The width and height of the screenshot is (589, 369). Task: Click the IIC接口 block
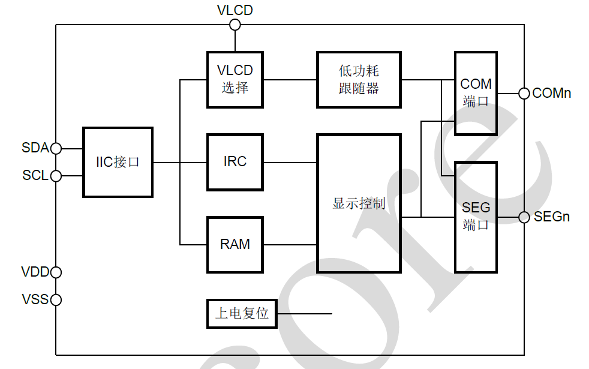pyautogui.click(x=118, y=162)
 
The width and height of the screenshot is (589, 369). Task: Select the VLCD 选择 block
pyautogui.click(x=235, y=79)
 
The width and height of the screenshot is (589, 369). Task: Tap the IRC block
pyautogui.click(x=235, y=162)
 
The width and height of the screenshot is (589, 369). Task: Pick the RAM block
pyautogui.click(x=235, y=244)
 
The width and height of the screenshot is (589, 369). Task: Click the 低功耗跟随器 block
pyautogui.click(x=359, y=79)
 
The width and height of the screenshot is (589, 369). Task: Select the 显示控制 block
pyautogui.click(x=359, y=203)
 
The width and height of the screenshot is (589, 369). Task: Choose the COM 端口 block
pyautogui.click(x=476, y=92)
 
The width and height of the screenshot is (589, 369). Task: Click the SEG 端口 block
pyautogui.click(x=476, y=217)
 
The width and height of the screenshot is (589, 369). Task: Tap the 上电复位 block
pyautogui.click(x=242, y=313)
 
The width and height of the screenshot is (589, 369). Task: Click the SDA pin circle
pyautogui.click(x=56, y=148)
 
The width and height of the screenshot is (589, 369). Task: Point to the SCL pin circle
pyautogui.click(x=56, y=176)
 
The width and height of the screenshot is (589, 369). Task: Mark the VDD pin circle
pyautogui.click(x=56, y=272)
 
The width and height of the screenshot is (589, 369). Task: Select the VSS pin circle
pyautogui.click(x=56, y=299)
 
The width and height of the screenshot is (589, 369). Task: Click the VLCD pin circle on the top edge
pyautogui.click(x=235, y=25)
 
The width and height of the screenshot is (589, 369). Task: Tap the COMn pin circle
pyautogui.click(x=524, y=93)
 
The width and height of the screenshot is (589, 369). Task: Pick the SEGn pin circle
pyautogui.click(x=524, y=217)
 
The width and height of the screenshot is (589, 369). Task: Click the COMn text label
pyautogui.click(x=552, y=93)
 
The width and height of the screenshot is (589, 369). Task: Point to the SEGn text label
pyautogui.click(x=552, y=217)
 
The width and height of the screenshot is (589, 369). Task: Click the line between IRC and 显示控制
pyautogui.click(x=290, y=162)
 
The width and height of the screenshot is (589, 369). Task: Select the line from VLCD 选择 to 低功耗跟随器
pyautogui.click(x=290, y=79)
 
